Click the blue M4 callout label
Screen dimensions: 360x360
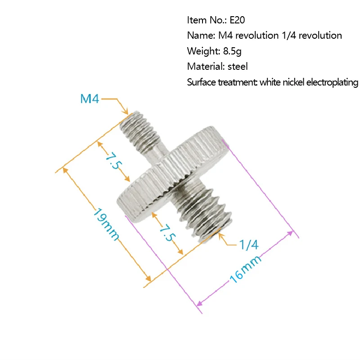[90, 99]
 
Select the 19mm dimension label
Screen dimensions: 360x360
[106, 224]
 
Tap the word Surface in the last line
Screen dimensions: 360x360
[201, 82]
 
